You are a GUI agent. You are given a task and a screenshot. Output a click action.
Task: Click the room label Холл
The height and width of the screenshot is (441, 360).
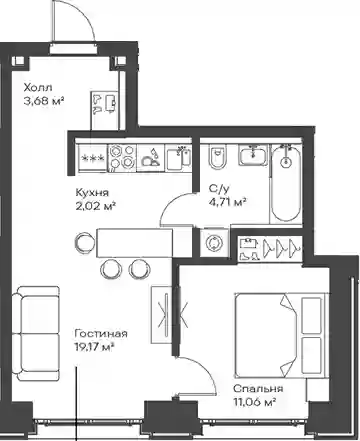tap(38, 88)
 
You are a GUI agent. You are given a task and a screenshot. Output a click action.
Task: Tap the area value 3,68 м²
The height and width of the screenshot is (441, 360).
tap(44, 101)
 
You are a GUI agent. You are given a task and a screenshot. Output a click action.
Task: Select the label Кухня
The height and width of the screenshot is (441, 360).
tap(92, 193)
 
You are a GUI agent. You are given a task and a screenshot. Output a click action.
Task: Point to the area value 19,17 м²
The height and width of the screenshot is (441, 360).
tap(95, 347)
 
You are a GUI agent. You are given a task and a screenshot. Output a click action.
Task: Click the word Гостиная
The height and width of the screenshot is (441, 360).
tap(101, 334)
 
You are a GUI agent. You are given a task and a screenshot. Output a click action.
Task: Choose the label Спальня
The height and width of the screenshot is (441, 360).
tap(258, 389)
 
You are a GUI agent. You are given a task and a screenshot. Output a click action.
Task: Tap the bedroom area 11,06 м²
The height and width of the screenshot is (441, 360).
tap(254, 402)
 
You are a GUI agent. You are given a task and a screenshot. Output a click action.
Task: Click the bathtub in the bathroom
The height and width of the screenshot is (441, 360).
tap(286, 183)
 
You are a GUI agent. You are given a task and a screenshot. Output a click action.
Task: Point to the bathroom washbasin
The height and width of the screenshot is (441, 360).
tap(253, 155)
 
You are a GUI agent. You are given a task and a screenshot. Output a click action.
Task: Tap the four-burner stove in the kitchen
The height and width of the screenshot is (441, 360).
tap(122, 157)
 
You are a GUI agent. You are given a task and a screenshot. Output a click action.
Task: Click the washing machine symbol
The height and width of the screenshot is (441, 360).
tap(214, 243)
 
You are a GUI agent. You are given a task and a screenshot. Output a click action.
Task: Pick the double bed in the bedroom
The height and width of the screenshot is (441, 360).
tap(280, 335)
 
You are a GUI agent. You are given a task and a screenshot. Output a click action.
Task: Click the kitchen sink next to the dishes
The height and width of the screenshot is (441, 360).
tap(178, 158)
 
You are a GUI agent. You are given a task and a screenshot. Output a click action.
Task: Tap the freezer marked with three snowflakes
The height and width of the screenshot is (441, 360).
tap(93, 158)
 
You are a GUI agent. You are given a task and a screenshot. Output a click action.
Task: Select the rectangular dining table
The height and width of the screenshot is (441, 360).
tap(134, 243)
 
